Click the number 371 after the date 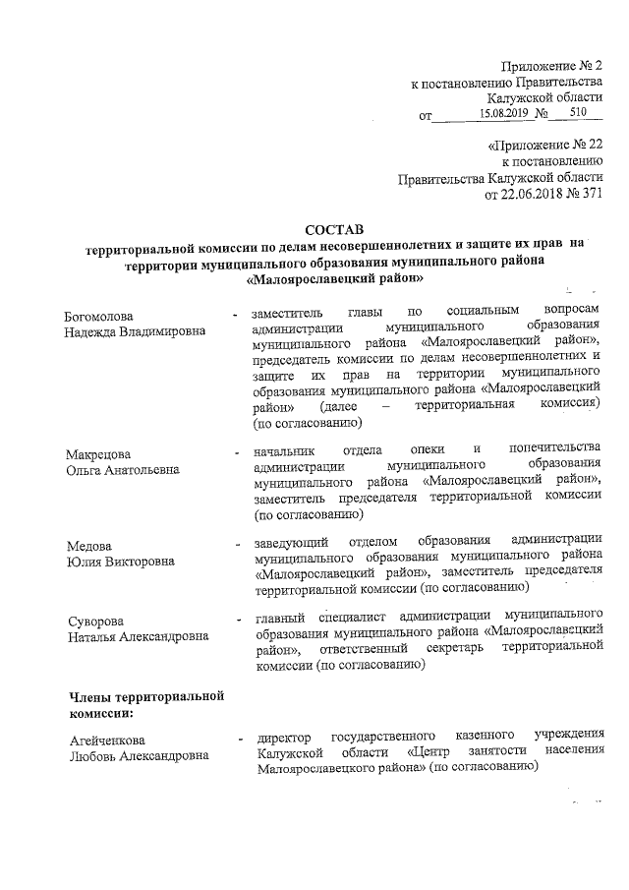tap(588, 194)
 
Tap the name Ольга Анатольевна tap(123, 469)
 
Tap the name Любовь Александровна tap(136, 755)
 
